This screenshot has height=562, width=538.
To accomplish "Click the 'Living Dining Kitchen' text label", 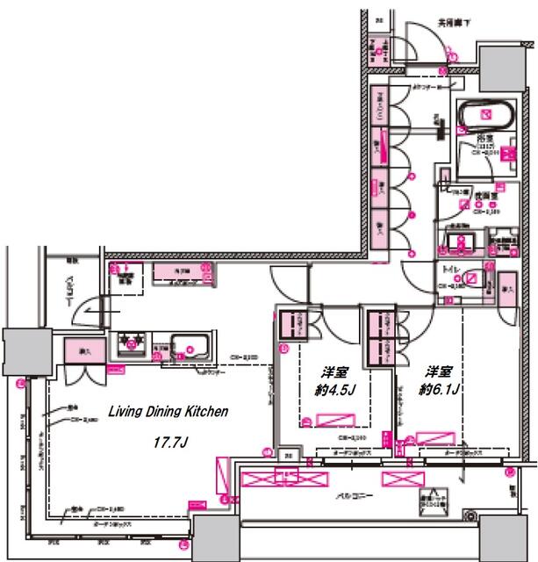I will (168, 411).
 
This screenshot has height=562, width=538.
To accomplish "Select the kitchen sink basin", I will (189, 344).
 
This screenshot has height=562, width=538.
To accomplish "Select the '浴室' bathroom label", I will (487, 139).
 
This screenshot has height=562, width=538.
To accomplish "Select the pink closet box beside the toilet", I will (506, 288).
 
